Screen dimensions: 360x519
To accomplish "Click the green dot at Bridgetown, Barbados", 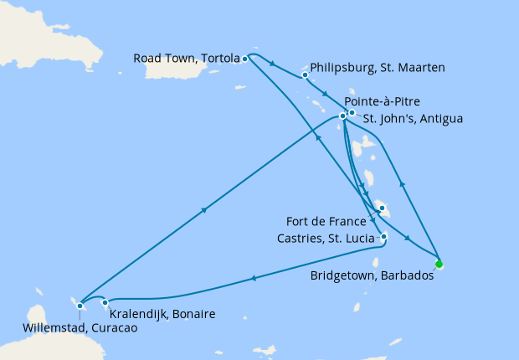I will click(439, 265).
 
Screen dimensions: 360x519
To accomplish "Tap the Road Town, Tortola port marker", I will click(244, 59).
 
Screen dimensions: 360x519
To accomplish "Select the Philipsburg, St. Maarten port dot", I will click(305, 75).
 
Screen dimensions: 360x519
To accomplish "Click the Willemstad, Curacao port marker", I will click(80, 306).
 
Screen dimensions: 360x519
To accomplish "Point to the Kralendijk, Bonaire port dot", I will click(105, 302).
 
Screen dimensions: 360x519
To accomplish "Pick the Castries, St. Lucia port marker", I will click(383, 236).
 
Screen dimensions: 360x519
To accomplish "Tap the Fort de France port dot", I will click(380, 207).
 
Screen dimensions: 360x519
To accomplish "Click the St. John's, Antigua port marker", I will click(352, 113).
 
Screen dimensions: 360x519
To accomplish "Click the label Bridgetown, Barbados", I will click(371, 275).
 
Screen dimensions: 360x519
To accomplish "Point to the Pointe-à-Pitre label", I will click(383, 100).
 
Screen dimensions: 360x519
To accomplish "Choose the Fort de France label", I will click(326, 222).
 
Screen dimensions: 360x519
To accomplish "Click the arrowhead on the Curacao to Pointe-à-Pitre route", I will click(204, 211).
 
